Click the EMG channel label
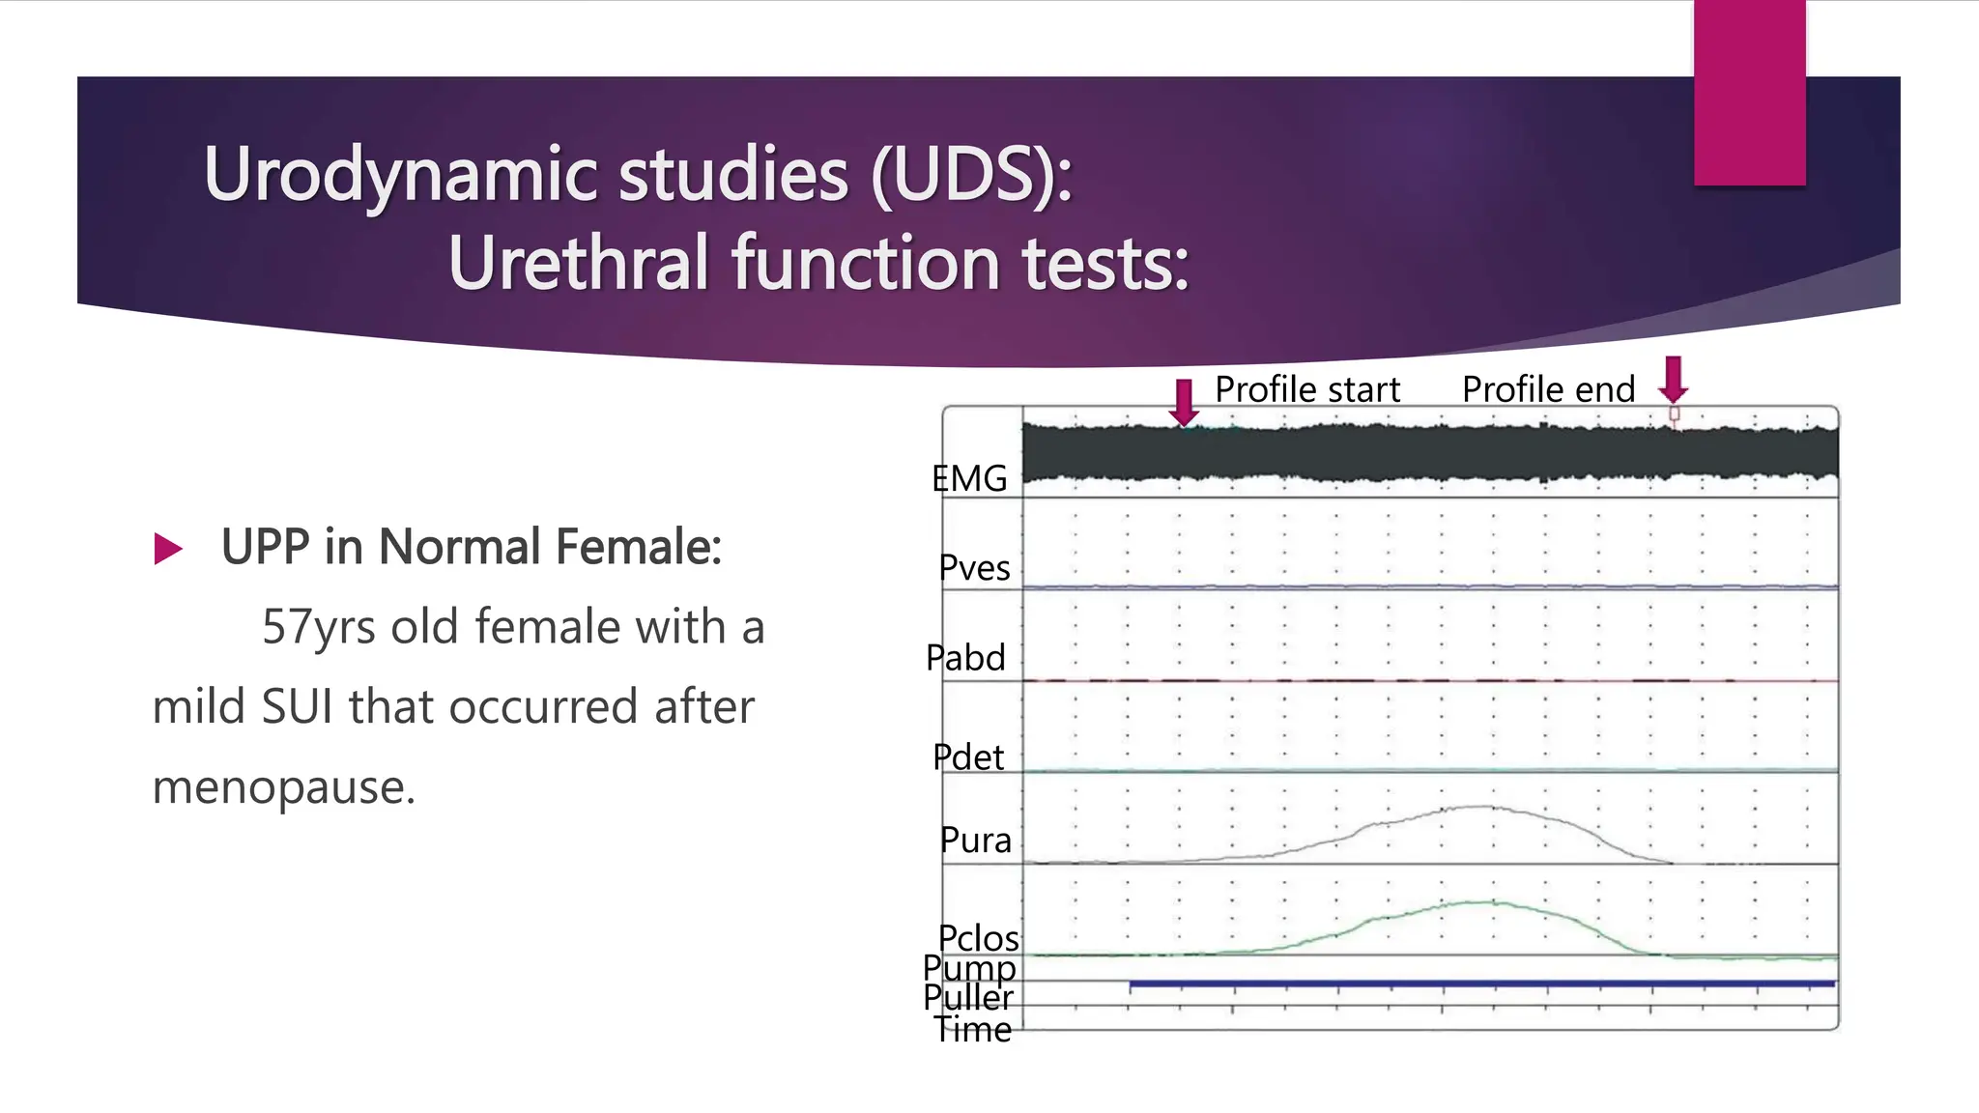click(969, 478)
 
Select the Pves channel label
click(974, 568)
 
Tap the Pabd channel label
click(965, 658)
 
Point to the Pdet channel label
click(968, 756)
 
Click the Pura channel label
click(975, 840)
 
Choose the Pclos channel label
click(978, 937)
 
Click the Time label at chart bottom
click(972, 1030)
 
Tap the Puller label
click(968, 997)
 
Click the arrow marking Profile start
click(1184, 402)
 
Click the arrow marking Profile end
click(1674, 380)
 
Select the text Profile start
click(1306, 389)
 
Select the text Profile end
click(1548, 389)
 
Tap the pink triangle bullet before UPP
click(168, 549)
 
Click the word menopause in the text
click(283, 786)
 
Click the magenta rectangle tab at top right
click(1749, 93)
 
